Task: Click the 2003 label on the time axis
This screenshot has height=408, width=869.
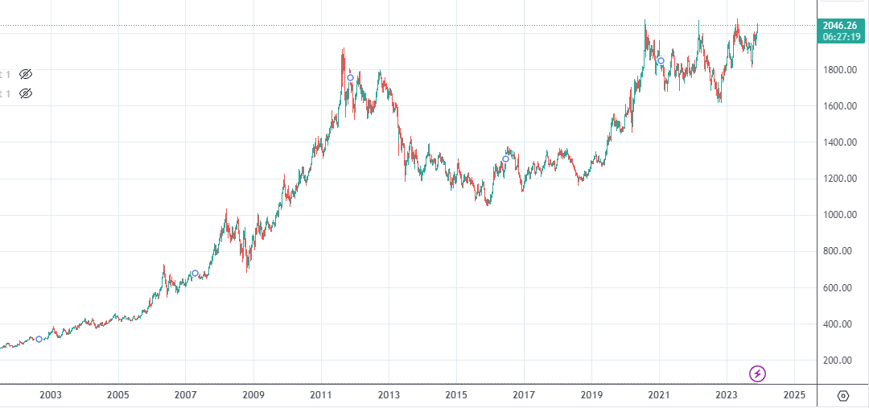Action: click(51, 394)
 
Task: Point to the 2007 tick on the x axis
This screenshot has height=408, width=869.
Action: click(186, 394)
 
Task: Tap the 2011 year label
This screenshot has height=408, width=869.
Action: click(321, 394)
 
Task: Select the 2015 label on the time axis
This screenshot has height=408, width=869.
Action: click(456, 394)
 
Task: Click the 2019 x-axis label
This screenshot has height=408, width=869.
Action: click(591, 394)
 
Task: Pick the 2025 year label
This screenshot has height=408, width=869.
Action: click(794, 394)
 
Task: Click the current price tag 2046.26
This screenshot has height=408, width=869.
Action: click(841, 26)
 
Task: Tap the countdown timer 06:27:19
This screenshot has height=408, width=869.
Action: click(841, 37)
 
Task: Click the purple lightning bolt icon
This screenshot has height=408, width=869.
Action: click(757, 373)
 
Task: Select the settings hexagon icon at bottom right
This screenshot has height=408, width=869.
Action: click(842, 395)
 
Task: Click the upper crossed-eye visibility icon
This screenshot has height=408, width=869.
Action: click(26, 74)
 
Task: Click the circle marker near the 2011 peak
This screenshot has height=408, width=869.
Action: click(350, 77)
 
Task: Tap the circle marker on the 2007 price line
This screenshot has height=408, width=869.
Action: click(195, 274)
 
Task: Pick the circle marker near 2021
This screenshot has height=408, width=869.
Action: click(661, 61)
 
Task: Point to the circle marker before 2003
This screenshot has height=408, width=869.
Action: click(39, 339)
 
